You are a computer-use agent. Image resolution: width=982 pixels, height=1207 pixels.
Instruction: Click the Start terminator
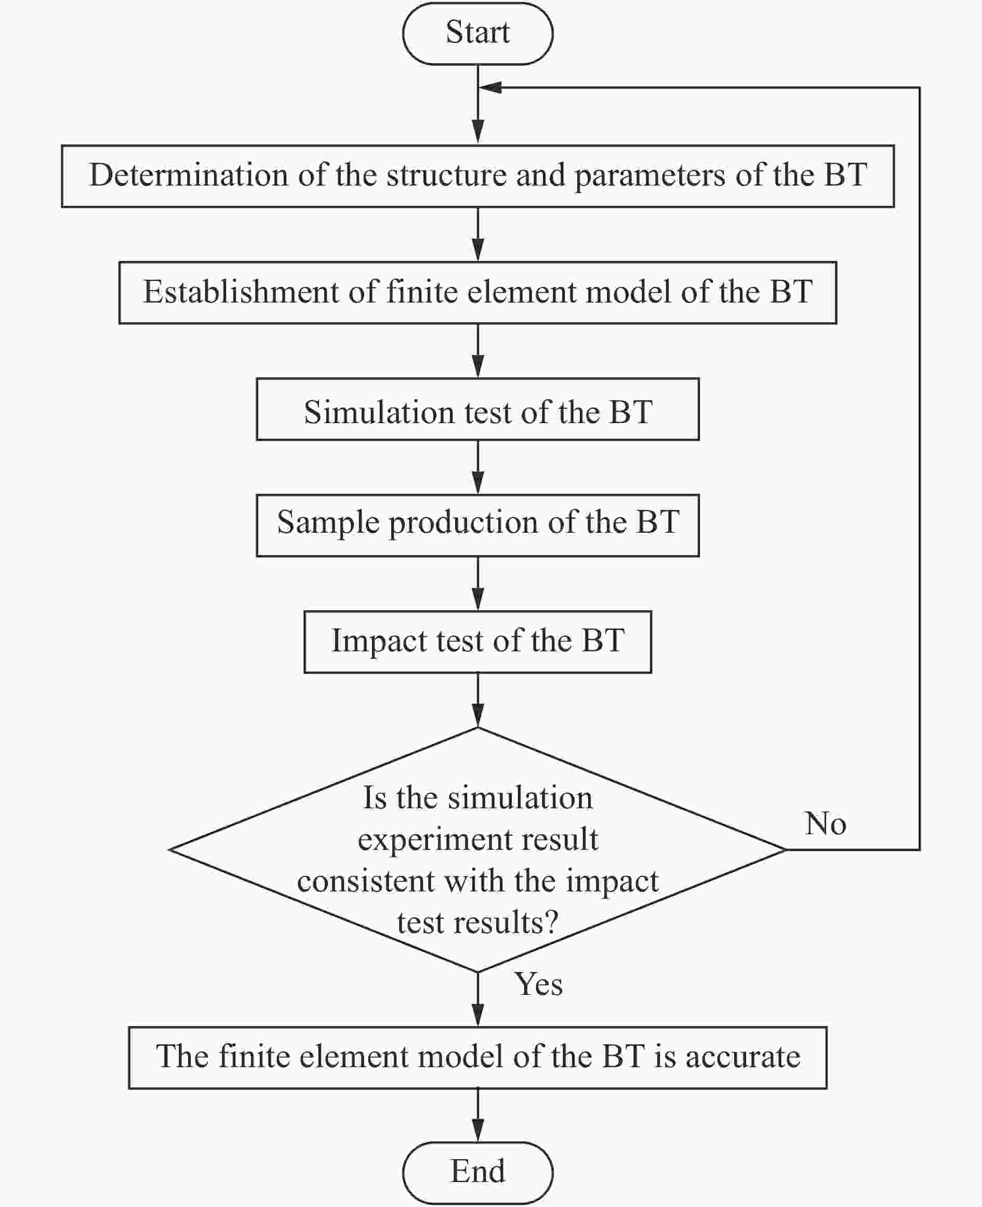[477, 33]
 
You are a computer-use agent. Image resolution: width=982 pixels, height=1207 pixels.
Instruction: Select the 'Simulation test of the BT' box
[477, 409]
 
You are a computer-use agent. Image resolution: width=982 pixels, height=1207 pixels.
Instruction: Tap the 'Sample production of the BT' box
[477, 525]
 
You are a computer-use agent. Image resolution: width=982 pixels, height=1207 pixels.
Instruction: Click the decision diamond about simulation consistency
[477, 849]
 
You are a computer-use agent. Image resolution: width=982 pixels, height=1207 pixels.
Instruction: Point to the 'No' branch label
[825, 823]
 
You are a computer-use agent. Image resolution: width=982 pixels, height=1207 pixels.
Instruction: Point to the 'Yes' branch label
[538, 984]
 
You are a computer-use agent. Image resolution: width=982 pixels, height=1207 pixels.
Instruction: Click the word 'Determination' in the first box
[189, 175]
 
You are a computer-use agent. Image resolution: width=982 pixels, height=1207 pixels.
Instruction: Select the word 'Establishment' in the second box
[241, 292]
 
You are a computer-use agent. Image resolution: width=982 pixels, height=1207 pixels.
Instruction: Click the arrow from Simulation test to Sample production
[478, 467]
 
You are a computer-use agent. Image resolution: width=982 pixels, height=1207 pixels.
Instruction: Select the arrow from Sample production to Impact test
[478, 584]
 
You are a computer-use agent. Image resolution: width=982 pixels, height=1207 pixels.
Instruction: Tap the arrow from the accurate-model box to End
[478, 1116]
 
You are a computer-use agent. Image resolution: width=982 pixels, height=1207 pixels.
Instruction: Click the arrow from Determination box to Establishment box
[478, 234]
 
